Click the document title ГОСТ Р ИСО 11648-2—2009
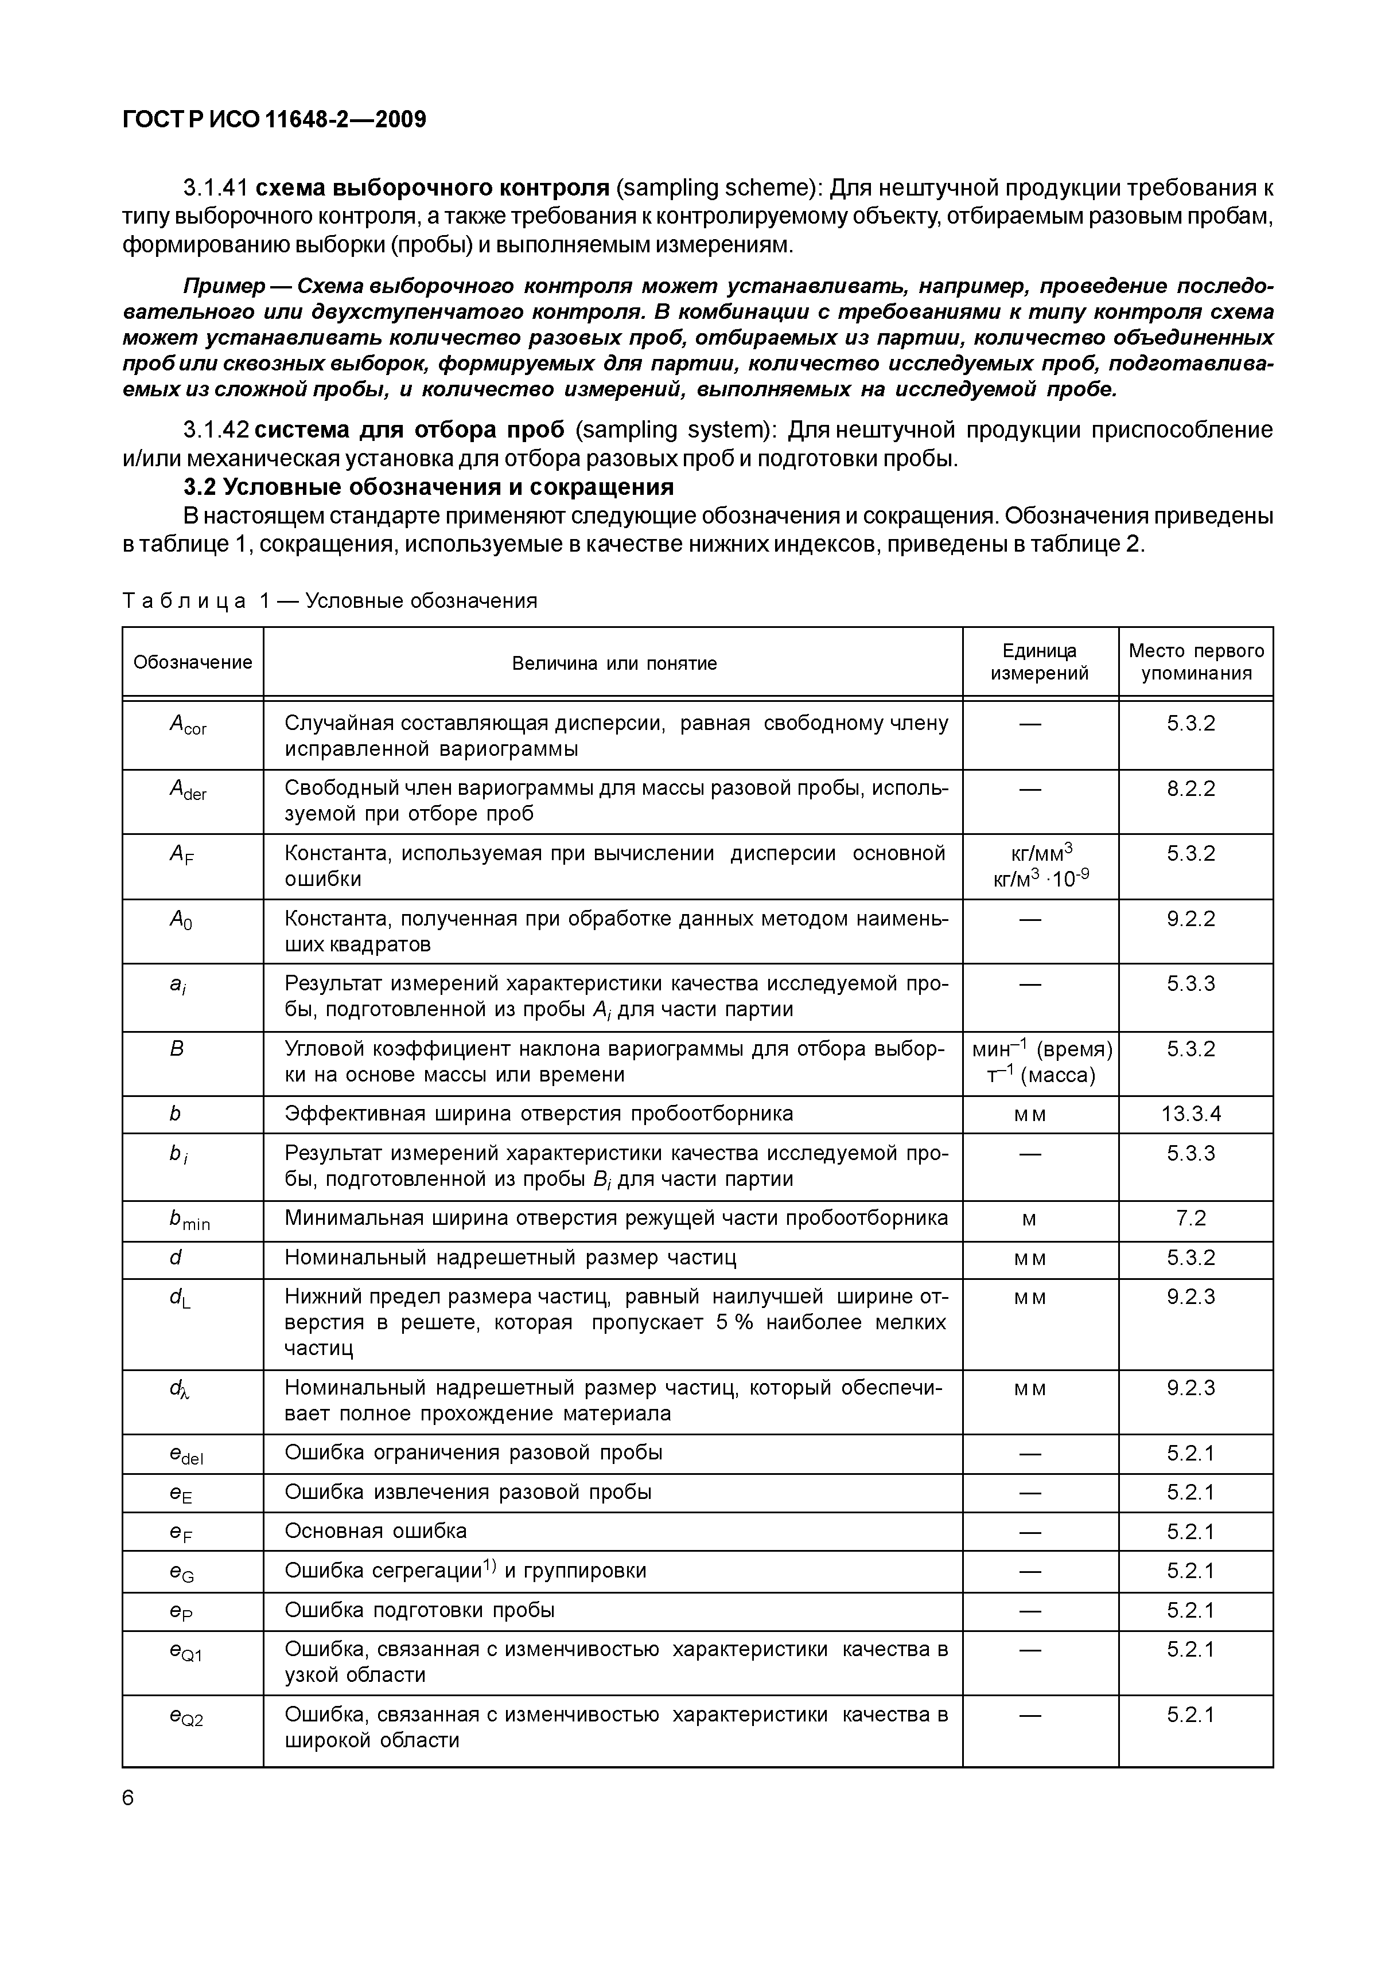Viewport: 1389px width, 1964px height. (x=274, y=120)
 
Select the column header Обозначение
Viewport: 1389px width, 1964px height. (x=193, y=662)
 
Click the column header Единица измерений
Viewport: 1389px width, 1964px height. (x=1039, y=662)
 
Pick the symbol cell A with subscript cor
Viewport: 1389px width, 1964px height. (x=188, y=725)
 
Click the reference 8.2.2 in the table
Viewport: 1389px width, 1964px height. (x=1190, y=788)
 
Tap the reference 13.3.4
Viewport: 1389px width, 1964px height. (x=1190, y=1113)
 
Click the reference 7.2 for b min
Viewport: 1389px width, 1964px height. (x=1190, y=1218)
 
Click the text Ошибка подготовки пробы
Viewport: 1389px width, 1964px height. (x=419, y=1609)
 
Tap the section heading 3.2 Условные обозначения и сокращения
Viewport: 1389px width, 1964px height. (x=429, y=487)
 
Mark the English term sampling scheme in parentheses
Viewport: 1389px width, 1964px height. (x=717, y=188)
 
